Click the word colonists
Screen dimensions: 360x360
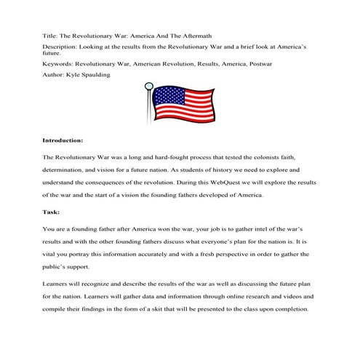click(270, 157)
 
